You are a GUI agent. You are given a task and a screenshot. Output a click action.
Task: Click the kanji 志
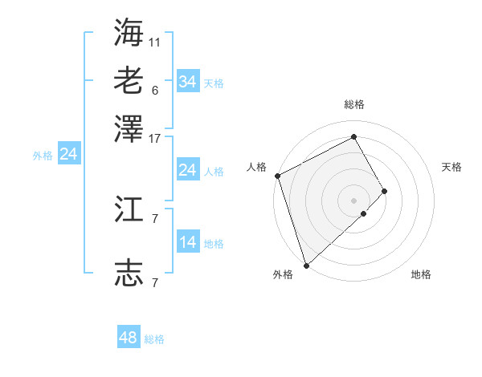pyautogui.click(x=129, y=274)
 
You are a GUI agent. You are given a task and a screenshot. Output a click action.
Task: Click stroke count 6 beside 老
pyautogui.click(x=155, y=90)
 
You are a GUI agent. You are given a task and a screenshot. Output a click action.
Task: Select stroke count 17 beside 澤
pyautogui.click(x=155, y=138)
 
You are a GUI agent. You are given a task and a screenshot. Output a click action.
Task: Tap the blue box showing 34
pyautogui.click(x=188, y=82)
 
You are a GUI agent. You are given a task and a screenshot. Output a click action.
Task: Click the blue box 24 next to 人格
pyautogui.click(x=188, y=170)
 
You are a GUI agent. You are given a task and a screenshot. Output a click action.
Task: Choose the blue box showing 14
pyautogui.click(x=188, y=242)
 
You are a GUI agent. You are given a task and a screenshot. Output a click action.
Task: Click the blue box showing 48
pyautogui.click(x=129, y=338)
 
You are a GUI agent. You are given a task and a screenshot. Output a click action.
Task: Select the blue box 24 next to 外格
pyautogui.click(x=69, y=154)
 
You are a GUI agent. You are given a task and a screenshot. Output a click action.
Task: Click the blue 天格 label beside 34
pyautogui.click(x=214, y=83)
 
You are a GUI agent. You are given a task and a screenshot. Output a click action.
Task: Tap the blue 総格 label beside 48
pyautogui.click(x=154, y=339)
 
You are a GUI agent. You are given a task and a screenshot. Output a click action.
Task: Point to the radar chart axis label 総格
pyautogui.click(x=354, y=104)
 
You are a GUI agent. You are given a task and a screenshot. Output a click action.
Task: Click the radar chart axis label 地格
pyautogui.click(x=421, y=275)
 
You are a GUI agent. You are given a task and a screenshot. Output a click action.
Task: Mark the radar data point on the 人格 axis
pyautogui.click(x=277, y=176)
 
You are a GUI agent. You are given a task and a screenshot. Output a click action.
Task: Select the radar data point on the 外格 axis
pyautogui.click(x=306, y=265)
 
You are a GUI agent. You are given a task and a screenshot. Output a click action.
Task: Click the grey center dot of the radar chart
pyautogui.click(x=354, y=200)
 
